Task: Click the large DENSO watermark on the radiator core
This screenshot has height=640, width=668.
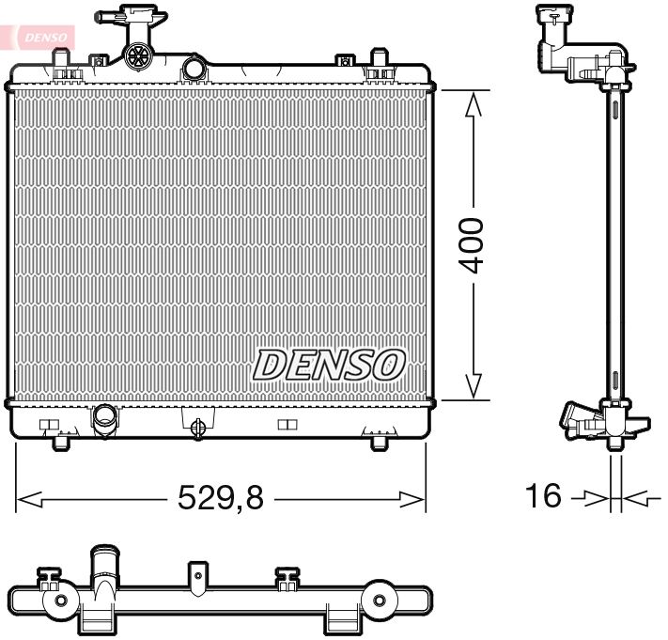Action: click(330, 365)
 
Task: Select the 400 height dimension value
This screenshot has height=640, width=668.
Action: click(473, 245)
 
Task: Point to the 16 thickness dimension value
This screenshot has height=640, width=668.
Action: click(544, 494)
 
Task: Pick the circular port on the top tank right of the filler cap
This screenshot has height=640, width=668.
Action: click(194, 68)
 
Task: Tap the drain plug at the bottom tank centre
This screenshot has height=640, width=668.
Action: click(198, 428)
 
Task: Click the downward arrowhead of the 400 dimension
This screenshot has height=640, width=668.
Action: click(474, 384)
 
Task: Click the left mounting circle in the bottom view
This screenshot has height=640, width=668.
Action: click(62, 601)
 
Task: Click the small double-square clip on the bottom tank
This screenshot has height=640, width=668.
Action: click(287, 425)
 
